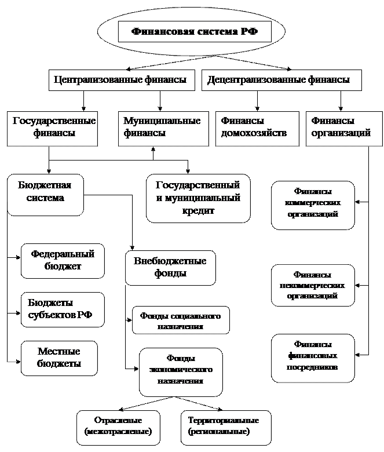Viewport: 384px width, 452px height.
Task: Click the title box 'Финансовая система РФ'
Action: coord(195,31)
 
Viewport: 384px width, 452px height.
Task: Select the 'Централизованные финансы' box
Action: coord(122,80)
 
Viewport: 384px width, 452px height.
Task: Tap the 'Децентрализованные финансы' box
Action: coord(281,80)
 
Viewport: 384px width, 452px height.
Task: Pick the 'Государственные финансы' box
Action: coord(53,129)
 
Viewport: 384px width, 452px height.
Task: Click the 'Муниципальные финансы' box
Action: coord(163,129)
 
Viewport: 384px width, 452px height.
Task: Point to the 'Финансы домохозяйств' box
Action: coord(257,129)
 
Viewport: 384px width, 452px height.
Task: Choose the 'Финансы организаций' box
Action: coord(344,129)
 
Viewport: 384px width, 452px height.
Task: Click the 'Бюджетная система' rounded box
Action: coord(45,195)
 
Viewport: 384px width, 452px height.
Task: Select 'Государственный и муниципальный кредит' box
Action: coord(198,198)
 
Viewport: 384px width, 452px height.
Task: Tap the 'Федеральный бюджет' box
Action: coord(63,261)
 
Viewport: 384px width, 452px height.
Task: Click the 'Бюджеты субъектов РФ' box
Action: coord(63,309)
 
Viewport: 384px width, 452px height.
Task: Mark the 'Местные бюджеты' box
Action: coord(59,358)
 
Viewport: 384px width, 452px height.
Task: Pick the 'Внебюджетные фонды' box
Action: coord(170,268)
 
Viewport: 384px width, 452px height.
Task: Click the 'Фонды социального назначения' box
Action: coord(181,320)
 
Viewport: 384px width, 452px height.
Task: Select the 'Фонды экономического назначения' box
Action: coord(181,372)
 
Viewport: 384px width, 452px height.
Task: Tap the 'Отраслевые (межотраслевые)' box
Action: coord(118,428)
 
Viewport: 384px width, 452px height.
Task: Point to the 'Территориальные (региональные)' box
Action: coord(226,428)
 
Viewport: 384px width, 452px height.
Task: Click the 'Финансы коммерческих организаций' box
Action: coord(313,205)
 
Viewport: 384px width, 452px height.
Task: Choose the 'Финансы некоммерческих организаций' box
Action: coord(313,285)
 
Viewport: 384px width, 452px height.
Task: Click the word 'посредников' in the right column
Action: coord(312,367)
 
